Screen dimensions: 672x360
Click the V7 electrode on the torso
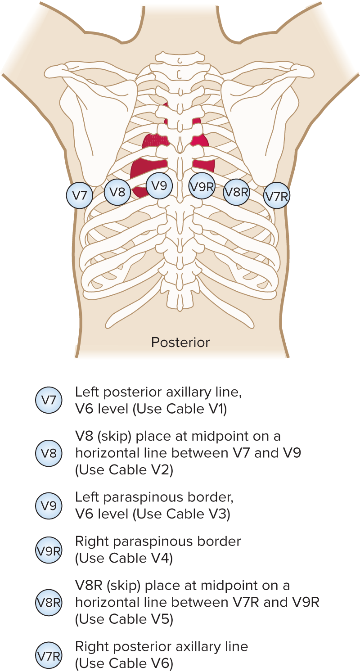click(80, 195)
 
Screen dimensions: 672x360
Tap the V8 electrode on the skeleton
click(117, 192)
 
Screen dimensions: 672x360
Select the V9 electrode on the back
click(159, 185)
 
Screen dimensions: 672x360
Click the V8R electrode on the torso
click(237, 192)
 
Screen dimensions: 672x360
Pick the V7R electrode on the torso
click(276, 196)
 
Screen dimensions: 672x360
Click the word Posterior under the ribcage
click(180, 343)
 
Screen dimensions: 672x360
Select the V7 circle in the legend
click(49, 400)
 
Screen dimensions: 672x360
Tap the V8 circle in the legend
click(49, 453)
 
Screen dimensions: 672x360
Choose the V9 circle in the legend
click(49, 506)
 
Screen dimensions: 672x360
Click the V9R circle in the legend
click(49, 550)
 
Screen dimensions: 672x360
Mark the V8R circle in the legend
click(49, 602)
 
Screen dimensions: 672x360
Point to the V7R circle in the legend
click(49, 655)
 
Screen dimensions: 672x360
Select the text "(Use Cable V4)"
click(124, 558)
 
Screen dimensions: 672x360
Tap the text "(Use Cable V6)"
click(124, 663)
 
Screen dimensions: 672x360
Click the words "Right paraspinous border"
click(158, 541)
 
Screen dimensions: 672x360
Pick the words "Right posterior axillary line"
click(162, 647)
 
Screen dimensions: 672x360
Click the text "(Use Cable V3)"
click(182, 514)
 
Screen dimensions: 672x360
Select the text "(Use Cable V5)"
click(124, 619)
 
